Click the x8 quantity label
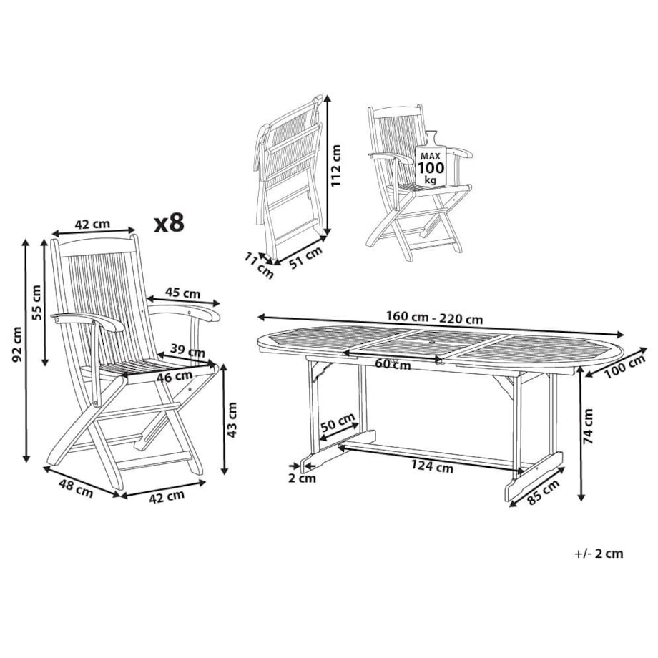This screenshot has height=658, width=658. click(169, 223)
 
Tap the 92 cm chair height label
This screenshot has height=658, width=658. click(16, 345)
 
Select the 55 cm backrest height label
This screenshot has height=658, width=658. click(36, 302)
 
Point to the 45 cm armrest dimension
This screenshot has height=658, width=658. click(182, 293)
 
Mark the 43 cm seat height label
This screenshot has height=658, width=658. click(232, 420)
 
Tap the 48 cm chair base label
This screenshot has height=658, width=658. click(76, 488)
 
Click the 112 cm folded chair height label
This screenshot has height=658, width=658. click(335, 165)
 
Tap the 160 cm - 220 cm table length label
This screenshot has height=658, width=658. click(434, 318)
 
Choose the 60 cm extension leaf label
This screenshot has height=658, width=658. click(393, 364)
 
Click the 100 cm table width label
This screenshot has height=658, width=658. click(624, 367)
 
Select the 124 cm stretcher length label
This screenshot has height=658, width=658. click(432, 466)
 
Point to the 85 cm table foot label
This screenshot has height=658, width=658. click(544, 492)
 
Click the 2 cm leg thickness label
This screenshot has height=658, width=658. click(302, 478)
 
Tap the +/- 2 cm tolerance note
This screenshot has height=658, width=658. click(599, 554)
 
